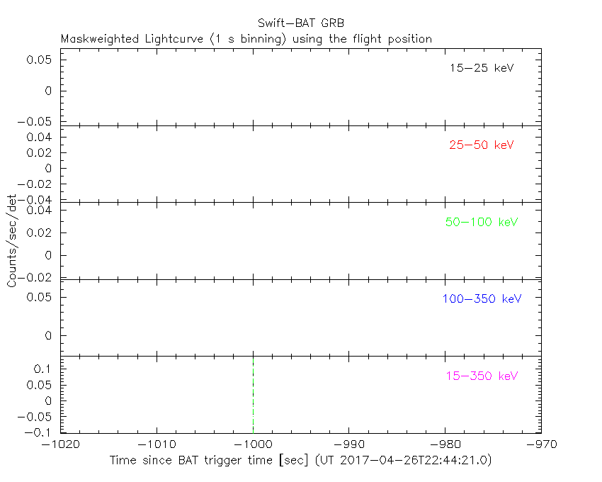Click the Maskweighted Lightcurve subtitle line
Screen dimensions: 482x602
click(246, 40)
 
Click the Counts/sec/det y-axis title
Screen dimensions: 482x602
click(12, 241)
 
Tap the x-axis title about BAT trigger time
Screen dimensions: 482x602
click(300, 461)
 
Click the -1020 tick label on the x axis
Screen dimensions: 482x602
click(61, 444)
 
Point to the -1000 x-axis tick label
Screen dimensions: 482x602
click(253, 444)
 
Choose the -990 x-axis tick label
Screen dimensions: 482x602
click(349, 444)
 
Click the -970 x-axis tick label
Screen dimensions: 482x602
click(541, 444)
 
